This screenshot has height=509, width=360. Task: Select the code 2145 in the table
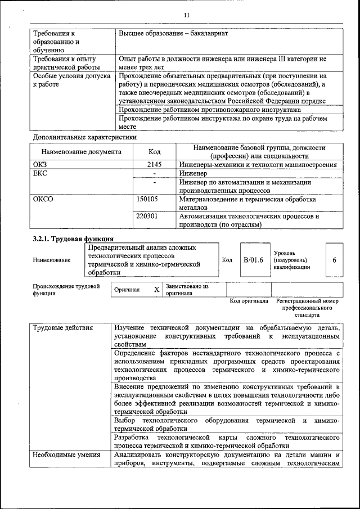click(x=154, y=165)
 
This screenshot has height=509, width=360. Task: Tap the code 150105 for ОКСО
click(x=147, y=199)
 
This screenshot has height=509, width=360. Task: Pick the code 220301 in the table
click(x=147, y=215)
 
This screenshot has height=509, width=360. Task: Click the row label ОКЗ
click(x=41, y=165)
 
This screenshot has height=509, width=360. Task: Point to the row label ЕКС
click(x=40, y=174)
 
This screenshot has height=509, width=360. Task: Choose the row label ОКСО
click(x=43, y=199)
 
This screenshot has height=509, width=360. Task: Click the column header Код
click(x=154, y=151)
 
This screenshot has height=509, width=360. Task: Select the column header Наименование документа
click(x=81, y=151)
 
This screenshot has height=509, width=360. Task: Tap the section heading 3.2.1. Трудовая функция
click(x=73, y=238)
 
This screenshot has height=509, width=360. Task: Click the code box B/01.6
click(x=253, y=260)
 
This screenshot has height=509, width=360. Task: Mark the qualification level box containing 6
click(x=334, y=260)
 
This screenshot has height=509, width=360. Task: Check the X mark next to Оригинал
click(x=157, y=289)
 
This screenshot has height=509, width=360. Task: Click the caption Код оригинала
click(x=249, y=301)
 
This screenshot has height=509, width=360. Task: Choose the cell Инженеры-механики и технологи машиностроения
click(x=258, y=165)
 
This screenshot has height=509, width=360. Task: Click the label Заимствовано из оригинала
click(x=187, y=289)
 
